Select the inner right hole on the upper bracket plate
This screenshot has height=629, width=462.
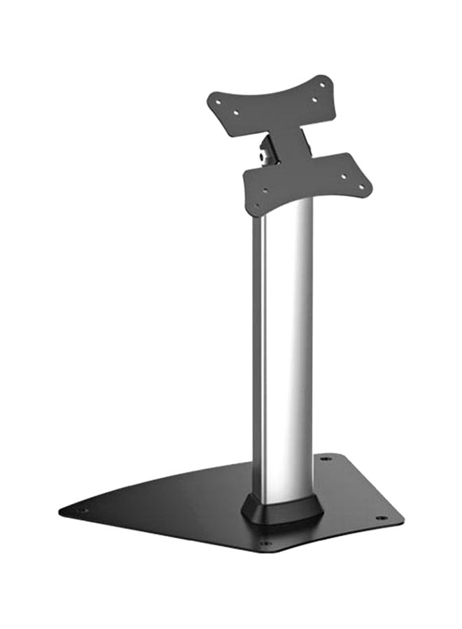point(314,100)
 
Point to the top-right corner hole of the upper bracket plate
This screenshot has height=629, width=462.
point(323,85)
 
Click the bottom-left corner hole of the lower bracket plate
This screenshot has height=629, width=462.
point(257,205)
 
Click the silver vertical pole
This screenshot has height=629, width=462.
point(288,349)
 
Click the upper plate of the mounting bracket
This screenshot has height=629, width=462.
point(280,105)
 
